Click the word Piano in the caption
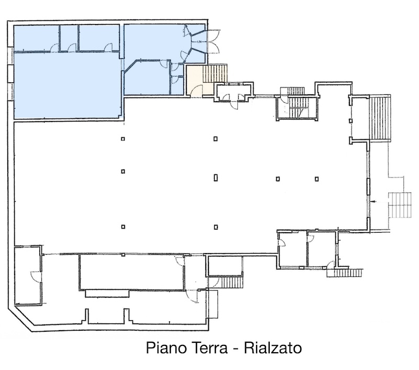tap(163, 348)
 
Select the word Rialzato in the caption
tap(273, 348)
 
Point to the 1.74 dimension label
tap(199, 42)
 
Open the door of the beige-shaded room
tap(197, 90)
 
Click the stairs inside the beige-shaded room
tap(215, 73)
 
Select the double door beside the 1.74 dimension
tap(213, 41)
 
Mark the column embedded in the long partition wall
tap(123, 255)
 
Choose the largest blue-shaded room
tap(67, 85)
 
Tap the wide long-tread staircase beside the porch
tap(380, 118)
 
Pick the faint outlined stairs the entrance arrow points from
tap(400, 205)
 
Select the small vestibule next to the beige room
tap(234, 92)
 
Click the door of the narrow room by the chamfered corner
tap(36, 276)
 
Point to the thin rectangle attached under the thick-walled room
tap(107, 293)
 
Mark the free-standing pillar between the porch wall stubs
tap(350, 121)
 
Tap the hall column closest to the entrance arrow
tap(317, 179)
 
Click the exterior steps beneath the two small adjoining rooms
tap(345, 273)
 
